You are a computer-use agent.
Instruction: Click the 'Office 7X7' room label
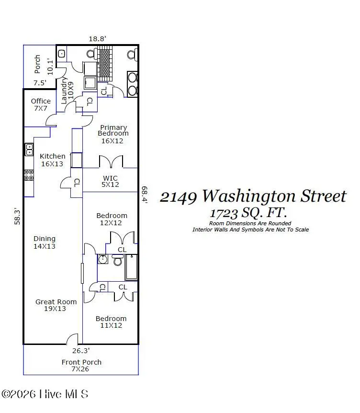(41, 104)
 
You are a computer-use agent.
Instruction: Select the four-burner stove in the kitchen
(29, 175)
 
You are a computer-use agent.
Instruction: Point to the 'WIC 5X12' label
(110, 182)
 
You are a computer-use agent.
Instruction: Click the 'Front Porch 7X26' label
(81, 366)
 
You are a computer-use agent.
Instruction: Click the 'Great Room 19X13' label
(56, 305)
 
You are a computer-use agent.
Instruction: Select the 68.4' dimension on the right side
(144, 195)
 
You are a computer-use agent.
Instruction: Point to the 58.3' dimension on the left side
(18, 216)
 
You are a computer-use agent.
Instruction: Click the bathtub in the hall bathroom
(131, 267)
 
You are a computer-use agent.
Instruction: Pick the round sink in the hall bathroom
(102, 260)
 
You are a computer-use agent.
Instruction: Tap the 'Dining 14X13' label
(45, 242)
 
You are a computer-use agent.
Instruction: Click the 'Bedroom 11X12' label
(111, 322)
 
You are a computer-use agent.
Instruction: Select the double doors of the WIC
(111, 161)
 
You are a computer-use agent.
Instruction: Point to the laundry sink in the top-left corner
(61, 54)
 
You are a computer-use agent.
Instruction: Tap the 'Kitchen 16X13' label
(53, 160)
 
